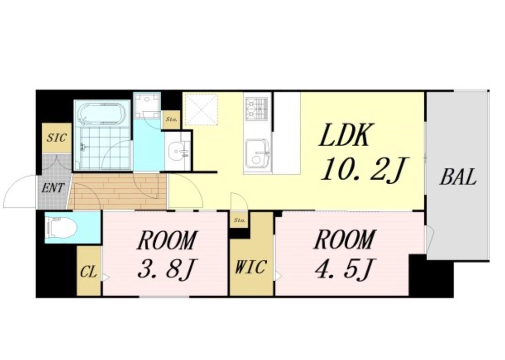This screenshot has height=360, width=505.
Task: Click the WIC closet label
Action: click(251, 267)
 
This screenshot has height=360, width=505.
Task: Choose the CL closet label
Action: click(88, 273)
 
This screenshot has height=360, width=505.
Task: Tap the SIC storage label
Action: click(57, 138)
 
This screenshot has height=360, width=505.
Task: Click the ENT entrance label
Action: click(53, 188)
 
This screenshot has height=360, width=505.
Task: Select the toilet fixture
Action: click(62, 227)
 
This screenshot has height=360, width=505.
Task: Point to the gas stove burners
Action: click(257, 109)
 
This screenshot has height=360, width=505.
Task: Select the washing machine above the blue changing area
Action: click(147, 106)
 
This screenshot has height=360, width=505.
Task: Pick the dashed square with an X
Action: click(201, 109)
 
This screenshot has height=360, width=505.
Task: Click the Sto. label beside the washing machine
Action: click(171, 119)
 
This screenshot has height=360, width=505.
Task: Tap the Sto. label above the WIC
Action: click(239, 221)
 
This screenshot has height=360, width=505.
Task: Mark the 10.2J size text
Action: click(365, 168)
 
